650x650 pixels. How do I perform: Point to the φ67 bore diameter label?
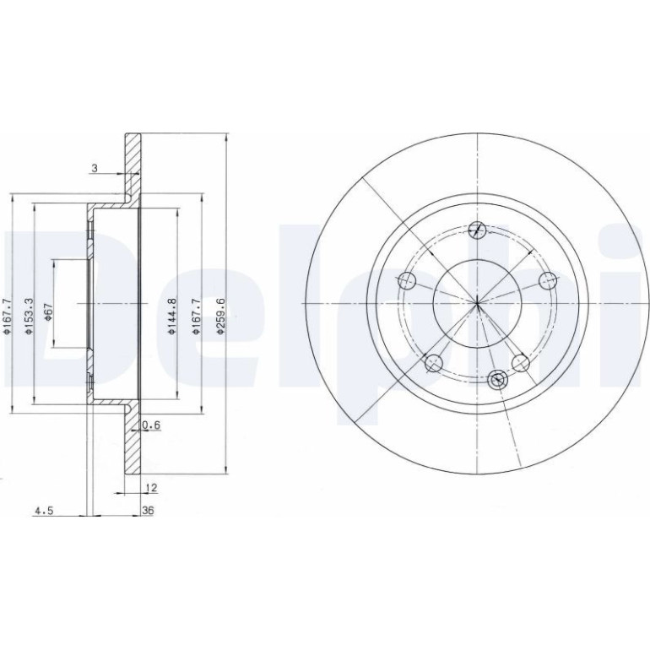pyautogui.click(x=48, y=311)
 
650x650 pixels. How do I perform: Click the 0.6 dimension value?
pyautogui.click(x=151, y=425)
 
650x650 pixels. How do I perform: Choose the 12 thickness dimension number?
pyautogui.click(x=152, y=488)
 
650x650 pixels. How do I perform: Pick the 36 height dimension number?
pyautogui.click(x=148, y=511)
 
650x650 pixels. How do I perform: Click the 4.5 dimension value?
pyautogui.click(x=44, y=511)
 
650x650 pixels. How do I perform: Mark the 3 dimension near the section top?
pyautogui.click(x=95, y=168)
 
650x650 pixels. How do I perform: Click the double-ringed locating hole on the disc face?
pyautogui.click(x=497, y=379)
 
